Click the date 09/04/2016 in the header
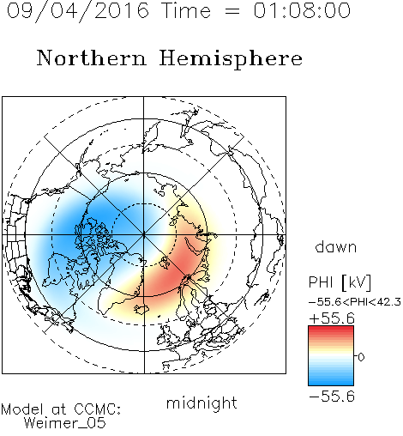pyautogui.click(x=78, y=11)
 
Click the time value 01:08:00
pyautogui.click(x=302, y=10)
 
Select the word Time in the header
pyautogui.click(x=186, y=10)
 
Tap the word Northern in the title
pyautogui.click(x=92, y=58)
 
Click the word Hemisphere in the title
pyautogui.click(x=231, y=59)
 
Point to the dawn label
pyautogui.click(x=336, y=247)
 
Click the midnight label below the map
pyautogui.click(x=201, y=403)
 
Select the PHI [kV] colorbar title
pyautogui.click(x=340, y=282)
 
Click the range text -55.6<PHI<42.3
pyautogui.click(x=355, y=302)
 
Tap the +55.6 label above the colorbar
pyautogui.click(x=332, y=318)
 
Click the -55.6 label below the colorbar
pyautogui.click(x=332, y=397)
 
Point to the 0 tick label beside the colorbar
pyautogui.click(x=361, y=357)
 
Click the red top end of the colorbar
pyautogui.click(x=331, y=329)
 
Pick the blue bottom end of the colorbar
pyautogui.click(x=331, y=383)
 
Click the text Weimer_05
pyautogui.click(x=65, y=423)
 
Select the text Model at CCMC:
pyautogui.click(x=61, y=409)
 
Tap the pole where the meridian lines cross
pyautogui.click(x=144, y=234)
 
